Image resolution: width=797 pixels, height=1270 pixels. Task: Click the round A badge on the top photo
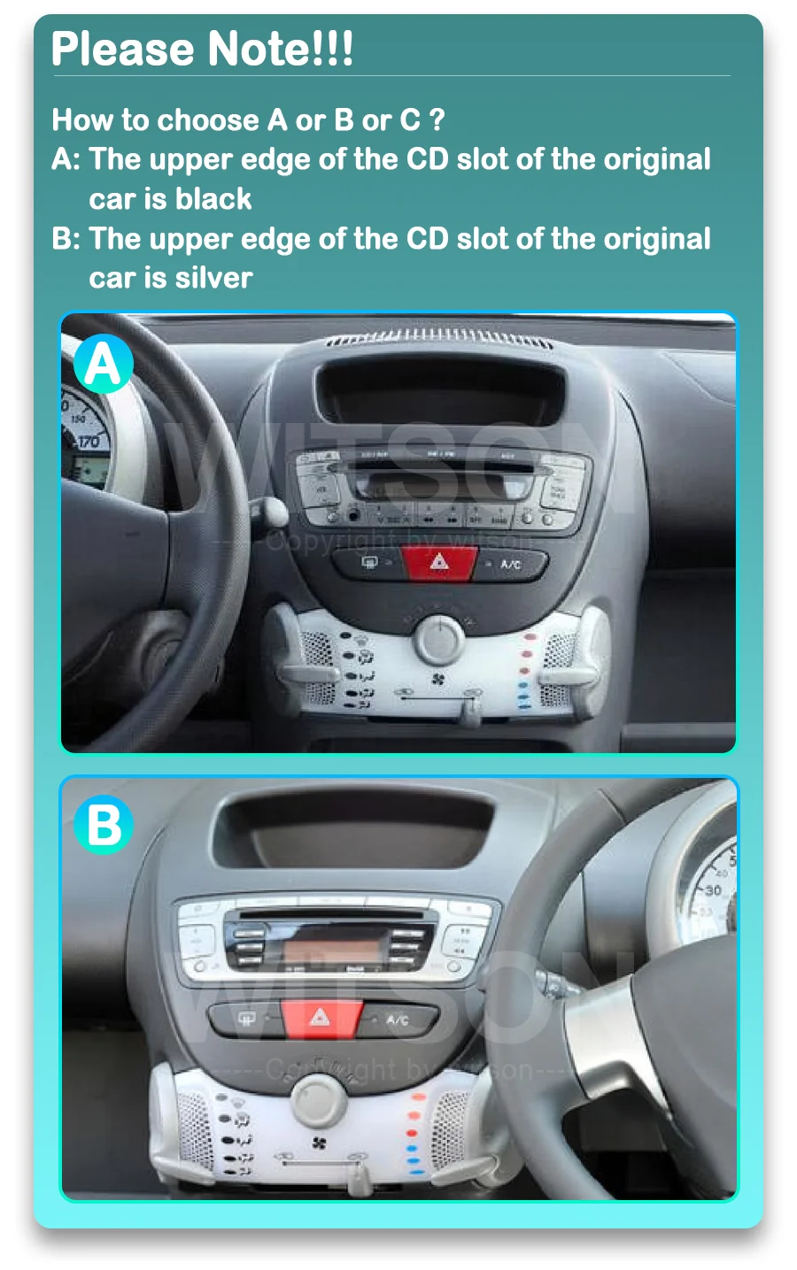(x=103, y=364)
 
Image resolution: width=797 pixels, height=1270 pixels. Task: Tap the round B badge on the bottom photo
(x=104, y=825)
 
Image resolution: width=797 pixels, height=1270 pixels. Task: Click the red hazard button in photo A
(x=439, y=562)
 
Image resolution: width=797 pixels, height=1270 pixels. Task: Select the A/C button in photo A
(x=510, y=564)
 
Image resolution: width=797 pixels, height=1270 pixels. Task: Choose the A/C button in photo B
(x=397, y=1020)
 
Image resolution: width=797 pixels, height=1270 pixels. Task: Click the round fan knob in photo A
(x=438, y=636)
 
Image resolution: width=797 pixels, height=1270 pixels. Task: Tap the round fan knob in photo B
(x=319, y=1097)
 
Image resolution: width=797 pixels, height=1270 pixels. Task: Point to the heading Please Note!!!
(x=202, y=50)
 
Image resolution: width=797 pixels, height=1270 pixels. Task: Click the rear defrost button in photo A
(x=370, y=562)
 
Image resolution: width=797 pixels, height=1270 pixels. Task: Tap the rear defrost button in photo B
(x=247, y=1019)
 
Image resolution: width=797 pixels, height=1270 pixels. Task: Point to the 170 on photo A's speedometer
(x=88, y=441)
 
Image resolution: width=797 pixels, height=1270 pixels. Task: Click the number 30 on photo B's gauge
(x=712, y=890)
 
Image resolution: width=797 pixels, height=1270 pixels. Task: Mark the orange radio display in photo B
(x=332, y=951)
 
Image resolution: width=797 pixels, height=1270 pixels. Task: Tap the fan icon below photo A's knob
(x=438, y=680)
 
